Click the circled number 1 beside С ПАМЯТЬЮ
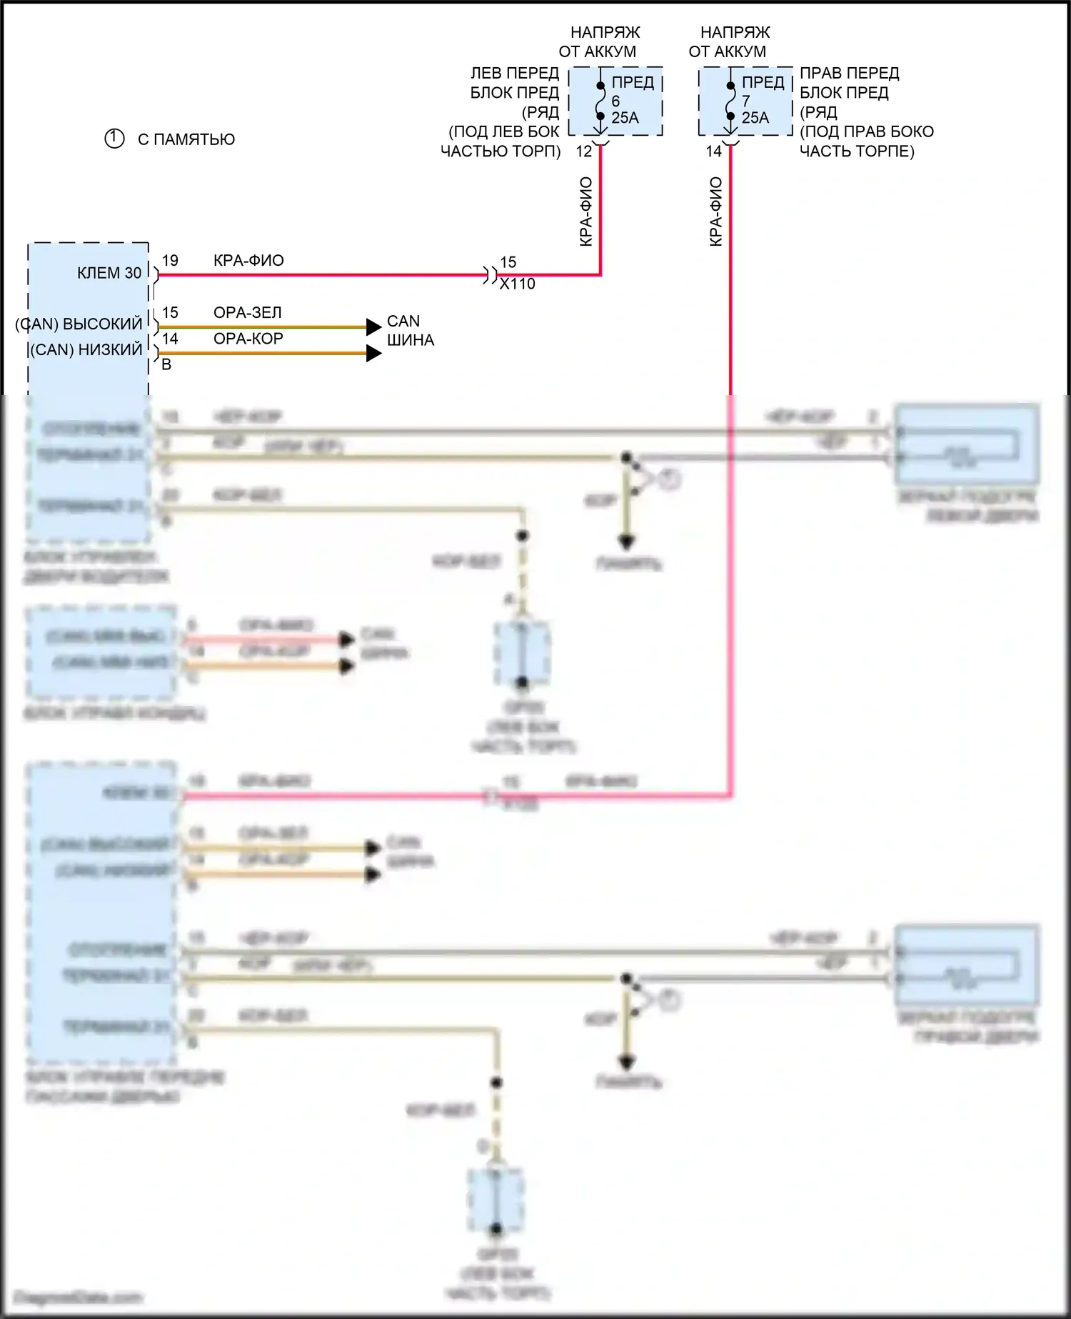click(x=114, y=139)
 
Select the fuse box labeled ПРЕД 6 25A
click(x=615, y=101)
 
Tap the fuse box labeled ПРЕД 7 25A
click(x=745, y=101)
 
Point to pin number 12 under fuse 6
click(x=583, y=151)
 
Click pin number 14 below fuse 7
click(x=713, y=151)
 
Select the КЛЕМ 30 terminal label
click(x=109, y=273)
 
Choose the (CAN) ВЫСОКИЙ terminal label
click(x=79, y=324)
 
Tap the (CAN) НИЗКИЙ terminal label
click(x=86, y=350)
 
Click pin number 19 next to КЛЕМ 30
click(x=170, y=261)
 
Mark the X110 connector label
click(x=517, y=284)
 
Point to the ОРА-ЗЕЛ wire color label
click(x=248, y=313)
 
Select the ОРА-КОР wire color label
click(x=248, y=339)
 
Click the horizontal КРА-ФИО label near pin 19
click(x=248, y=261)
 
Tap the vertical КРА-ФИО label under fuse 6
click(x=586, y=211)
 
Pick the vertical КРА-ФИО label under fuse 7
click(x=716, y=211)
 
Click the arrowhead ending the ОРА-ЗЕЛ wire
click(x=373, y=327)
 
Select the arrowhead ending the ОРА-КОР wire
click(x=373, y=353)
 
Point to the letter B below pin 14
click(x=166, y=365)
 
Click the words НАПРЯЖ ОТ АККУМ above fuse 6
click(x=600, y=41)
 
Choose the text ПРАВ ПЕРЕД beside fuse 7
click(x=849, y=73)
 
